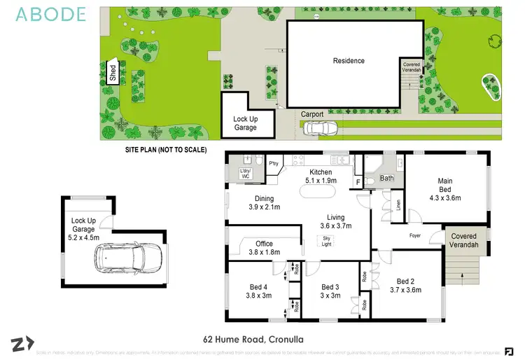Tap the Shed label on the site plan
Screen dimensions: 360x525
tap(112, 73)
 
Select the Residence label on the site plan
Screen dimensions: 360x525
tap(349, 61)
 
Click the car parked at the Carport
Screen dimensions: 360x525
tap(320, 128)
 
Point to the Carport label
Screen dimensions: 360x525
tap(312, 114)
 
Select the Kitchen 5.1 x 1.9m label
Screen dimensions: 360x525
tap(321, 176)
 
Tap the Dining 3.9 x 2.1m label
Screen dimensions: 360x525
tap(264, 202)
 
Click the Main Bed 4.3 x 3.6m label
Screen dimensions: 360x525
tap(445, 189)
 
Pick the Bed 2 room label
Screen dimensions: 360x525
tap(406, 285)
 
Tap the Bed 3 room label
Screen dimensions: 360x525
tap(330, 291)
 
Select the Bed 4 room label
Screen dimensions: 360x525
tap(258, 291)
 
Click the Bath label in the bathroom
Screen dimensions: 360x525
tap(387, 179)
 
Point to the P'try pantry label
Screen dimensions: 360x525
tap(274, 163)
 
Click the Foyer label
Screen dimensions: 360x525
tap(414, 236)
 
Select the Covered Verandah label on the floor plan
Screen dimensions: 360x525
tap(463, 240)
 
